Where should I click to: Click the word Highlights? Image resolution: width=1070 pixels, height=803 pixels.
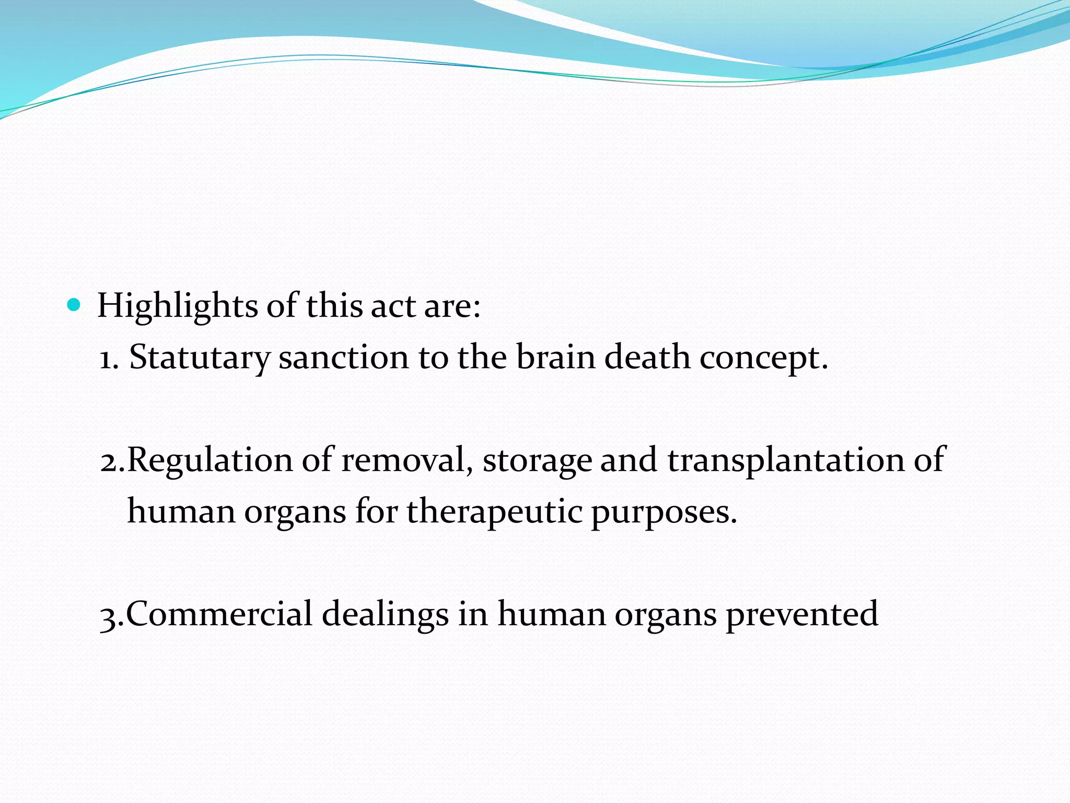pyautogui.click(x=177, y=306)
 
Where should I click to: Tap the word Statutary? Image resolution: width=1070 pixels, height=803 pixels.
pyautogui.click(x=199, y=359)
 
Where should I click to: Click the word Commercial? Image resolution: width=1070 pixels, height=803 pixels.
pyautogui.click(x=219, y=614)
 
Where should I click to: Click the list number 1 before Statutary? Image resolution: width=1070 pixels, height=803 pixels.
pyautogui.click(x=107, y=360)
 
